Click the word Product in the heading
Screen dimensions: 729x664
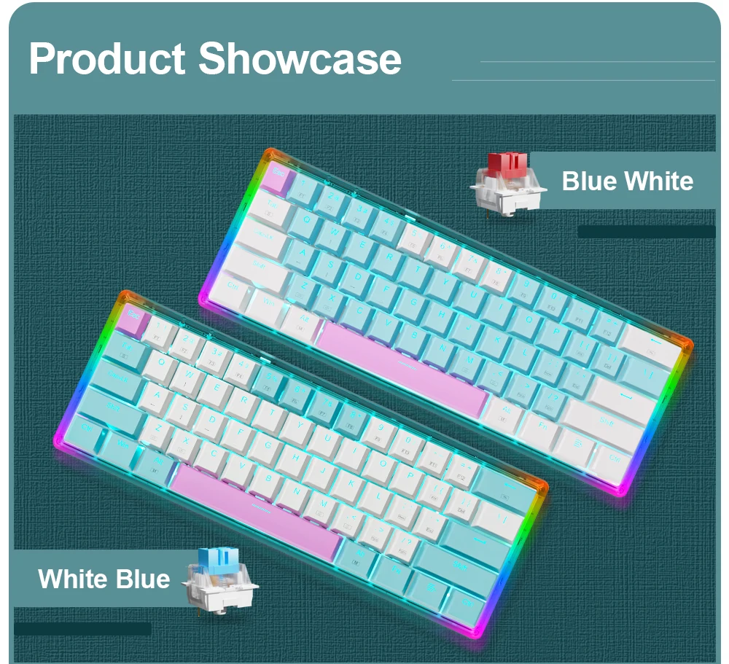click(x=107, y=59)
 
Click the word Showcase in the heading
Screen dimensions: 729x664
click(x=300, y=58)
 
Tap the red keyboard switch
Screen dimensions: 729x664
click(x=507, y=184)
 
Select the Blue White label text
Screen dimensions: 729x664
click(x=627, y=181)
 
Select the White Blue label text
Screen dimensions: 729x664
click(x=104, y=579)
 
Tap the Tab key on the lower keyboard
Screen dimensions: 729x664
click(x=125, y=348)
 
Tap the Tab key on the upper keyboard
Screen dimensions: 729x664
click(x=270, y=207)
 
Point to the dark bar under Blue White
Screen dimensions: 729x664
click(x=646, y=232)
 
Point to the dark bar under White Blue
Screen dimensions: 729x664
click(x=83, y=629)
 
